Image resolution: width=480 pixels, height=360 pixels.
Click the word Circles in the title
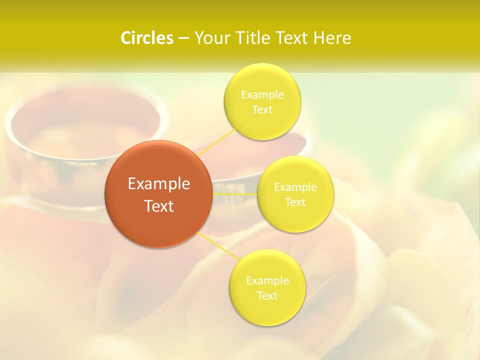[146, 38]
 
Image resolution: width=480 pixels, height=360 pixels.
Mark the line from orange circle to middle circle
[235, 193]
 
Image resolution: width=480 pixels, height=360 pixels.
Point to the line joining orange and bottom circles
[218, 245]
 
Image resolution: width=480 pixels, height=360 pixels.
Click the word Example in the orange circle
[158, 184]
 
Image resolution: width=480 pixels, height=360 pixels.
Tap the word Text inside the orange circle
[158, 206]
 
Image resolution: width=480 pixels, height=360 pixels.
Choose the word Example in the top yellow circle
[262, 95]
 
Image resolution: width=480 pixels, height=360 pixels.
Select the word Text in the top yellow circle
[262, 110]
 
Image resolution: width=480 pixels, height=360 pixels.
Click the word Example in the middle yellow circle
[295, 187]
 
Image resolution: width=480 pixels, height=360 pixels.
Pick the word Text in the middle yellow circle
[295, 202]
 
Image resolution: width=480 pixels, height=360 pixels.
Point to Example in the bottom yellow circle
[267, 281]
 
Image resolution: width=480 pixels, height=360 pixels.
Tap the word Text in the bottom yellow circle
[267, 296]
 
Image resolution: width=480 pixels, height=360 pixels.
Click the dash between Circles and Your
[183, 38]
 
